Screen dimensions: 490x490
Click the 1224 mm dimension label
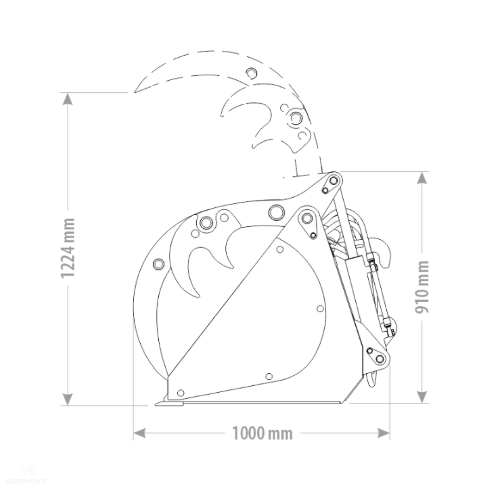[x=68, y=248]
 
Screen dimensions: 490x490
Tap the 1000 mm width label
[x=262, y=433]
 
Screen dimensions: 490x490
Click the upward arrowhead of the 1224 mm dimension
[x=68, y=98]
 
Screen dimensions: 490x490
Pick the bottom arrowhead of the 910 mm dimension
[x=422, y=397]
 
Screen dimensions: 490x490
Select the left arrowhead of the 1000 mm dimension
[x=139, y=433]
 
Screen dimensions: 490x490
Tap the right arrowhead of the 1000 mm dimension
[x=384, y=433]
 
